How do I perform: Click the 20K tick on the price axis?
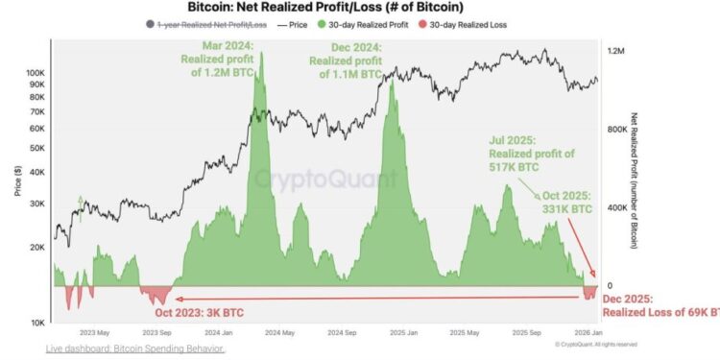click(36, 248)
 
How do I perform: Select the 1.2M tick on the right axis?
click(617, 50)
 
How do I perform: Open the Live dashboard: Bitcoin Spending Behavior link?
click(135, 348)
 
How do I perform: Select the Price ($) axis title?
click(16, 179)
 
